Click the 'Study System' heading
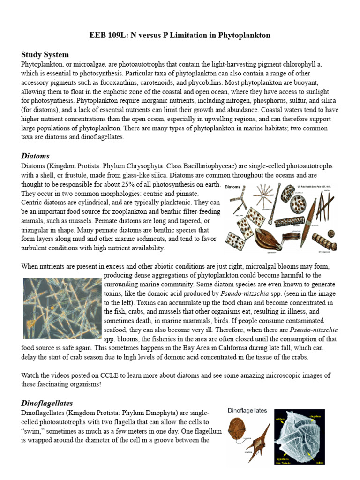click(x=45, y=55)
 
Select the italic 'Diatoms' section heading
click(x=35, y=156)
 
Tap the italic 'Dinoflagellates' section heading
click(x=47, y=403)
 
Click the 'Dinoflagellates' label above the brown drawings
click(x=247, y=411)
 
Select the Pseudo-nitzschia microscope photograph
click(x=62, y=308)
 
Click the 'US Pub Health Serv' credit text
click(x=309, y=187)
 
